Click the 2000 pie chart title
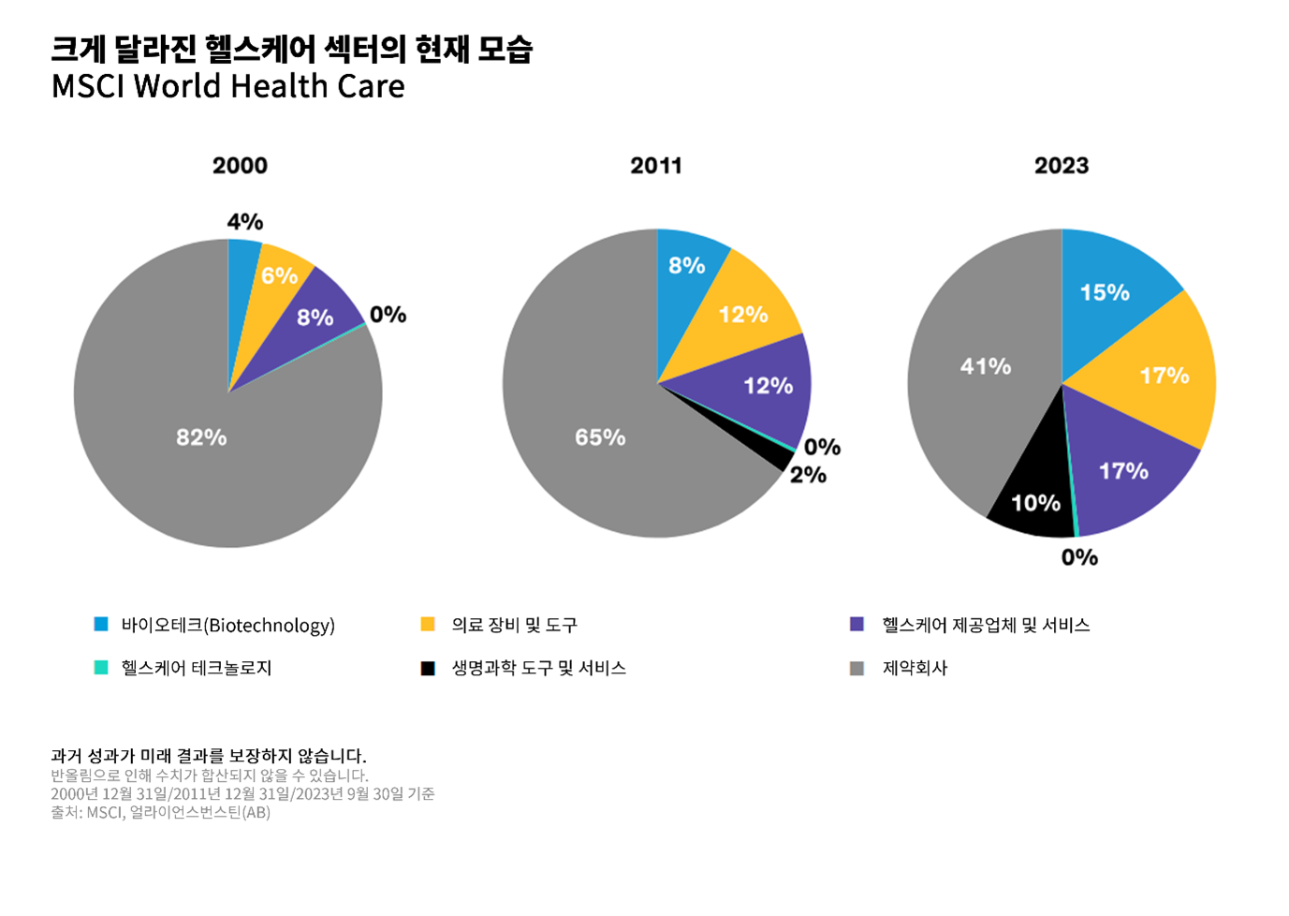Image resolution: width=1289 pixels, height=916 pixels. click(240, 166)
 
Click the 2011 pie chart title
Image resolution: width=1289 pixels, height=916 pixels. click(655, 166)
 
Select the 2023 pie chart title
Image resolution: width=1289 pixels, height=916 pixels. click(1061, 166)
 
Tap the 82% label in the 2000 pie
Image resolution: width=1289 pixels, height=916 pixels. click(201, 437)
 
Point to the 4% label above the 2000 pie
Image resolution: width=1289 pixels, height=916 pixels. click(244, 222)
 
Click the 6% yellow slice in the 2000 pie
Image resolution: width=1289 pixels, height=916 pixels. click(279, 275)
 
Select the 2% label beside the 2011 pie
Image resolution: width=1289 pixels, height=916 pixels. click(807, 475)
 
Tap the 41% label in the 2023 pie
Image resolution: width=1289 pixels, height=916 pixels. click(985, 366)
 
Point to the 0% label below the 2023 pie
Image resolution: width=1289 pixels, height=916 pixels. click(1078, 557)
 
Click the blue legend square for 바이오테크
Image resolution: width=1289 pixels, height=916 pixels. click(101, 625)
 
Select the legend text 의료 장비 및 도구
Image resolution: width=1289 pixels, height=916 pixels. click(514, 625)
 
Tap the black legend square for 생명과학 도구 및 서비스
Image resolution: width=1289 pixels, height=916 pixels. click(428, 668)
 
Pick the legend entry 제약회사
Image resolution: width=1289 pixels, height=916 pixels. click(915, 668)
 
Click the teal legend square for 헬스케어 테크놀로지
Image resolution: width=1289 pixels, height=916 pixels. click(101, 668)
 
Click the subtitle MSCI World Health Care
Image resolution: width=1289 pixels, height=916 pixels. click(227, 86)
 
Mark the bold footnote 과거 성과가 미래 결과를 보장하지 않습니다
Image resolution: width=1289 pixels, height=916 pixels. click(208, 755)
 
